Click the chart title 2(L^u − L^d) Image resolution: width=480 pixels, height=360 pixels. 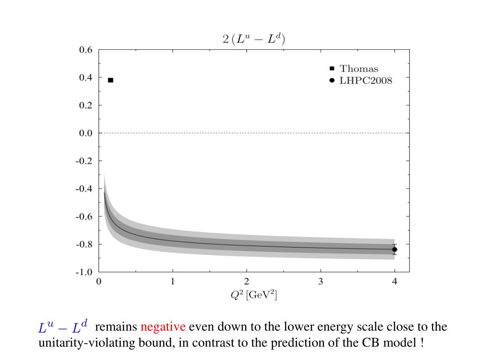[x=253, y=39]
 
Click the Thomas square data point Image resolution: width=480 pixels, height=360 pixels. [x=111, y=80]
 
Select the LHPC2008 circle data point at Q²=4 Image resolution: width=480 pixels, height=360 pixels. [x=395, y=249]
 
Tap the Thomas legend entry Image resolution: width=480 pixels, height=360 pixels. [x=359, y=69]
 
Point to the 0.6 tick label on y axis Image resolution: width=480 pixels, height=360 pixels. [x=86, y=50]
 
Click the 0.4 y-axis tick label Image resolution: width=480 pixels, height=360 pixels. [x=86, y=77]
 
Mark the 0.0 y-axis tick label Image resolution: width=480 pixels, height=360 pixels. [x=86, y=133]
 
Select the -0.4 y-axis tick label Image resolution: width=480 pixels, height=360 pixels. [x=85, y=189]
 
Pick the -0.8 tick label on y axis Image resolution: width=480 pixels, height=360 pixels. [x=85, y=244]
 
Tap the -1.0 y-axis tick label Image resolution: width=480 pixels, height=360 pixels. [x=85, y=272]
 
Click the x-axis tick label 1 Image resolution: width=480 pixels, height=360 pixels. [x=172, y=282]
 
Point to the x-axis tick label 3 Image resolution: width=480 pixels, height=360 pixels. [x=321, y=282]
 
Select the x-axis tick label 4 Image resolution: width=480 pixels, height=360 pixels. [x=395, y=282]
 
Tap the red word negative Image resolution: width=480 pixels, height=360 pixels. [x=163, y=327]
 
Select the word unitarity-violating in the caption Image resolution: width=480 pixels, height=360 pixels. [x=77, y=343]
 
